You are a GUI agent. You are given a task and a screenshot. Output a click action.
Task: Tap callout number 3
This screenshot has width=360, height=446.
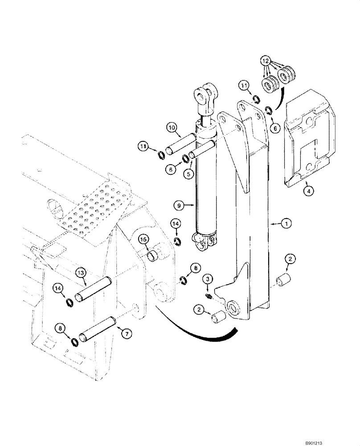[207, 279]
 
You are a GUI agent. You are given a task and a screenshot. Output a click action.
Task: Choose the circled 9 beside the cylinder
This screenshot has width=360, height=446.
[179, 205]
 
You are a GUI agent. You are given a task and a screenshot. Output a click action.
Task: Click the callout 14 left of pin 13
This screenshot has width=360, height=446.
[58, 289]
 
